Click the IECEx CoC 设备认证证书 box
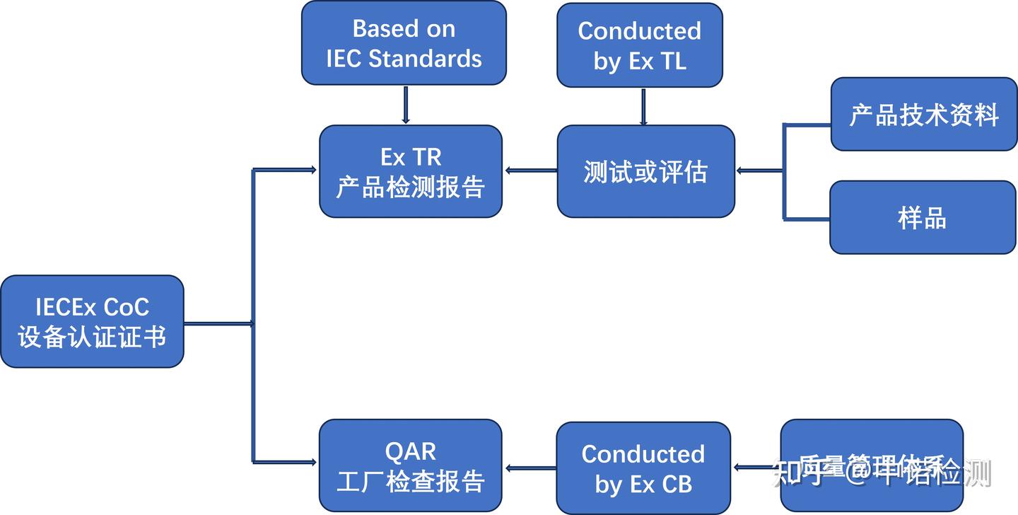pyautogui.click(x=92, y=321)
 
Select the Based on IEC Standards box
pyautogui.click(x=404, y=43)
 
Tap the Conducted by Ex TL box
pyautogui.click(x=639, y=45)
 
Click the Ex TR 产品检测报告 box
pyautogui.click(x=410, y=171)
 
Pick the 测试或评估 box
pyautogui.click(x=645, y=171)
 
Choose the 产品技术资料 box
pyautogui.click(x=923, y=114)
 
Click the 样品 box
pyautogui.click(x=922, y=217)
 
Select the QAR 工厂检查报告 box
pyautogui.click(x=410, y=465)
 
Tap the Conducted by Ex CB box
pyautogui.click(x=643, y=468)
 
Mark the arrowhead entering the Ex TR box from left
pyautogui.click(x=311, y=170)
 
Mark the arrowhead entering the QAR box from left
pyautogui.click(x=311, y=463)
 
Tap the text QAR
pyautogui.click(x=410, y=451)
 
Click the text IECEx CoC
pyautogui.click(x=92, y=307)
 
